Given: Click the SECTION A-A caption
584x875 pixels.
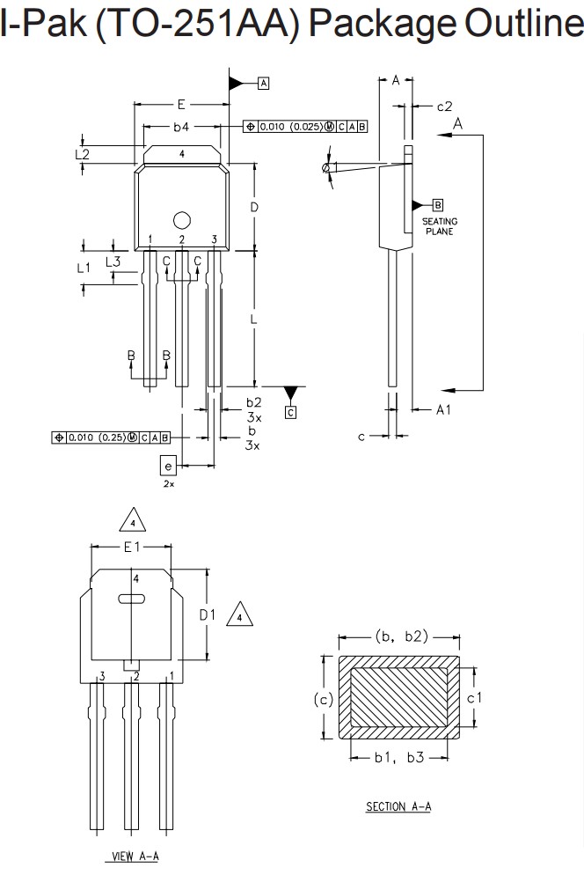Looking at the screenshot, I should tap(398, 806).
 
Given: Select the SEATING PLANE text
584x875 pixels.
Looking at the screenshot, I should tap(439, 226).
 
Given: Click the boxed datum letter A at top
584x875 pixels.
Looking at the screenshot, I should tap(263, 83).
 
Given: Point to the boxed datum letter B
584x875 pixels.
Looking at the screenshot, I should tap(438, 204).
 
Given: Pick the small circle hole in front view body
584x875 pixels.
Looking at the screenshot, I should tap(181, 220).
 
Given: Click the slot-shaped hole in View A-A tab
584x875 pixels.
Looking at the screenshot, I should tap(131, 599).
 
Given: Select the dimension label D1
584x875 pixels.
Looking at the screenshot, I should tap(207, 614).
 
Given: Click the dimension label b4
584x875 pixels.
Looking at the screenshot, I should tap(180, 127).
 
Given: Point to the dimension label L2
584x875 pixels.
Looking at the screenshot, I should tap(83, 154).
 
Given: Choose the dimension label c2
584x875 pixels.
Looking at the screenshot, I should tap(444, 107).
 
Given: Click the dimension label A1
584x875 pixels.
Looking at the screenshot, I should tap(443, 409).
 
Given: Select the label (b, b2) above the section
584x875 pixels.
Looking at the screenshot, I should tap(401, 636).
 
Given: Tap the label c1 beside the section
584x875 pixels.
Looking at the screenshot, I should tap(474, 697).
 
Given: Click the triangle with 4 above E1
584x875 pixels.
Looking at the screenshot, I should tap(132, 521).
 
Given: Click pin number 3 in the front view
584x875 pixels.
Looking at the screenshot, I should tap(214, 239).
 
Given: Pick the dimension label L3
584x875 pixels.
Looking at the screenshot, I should tap(113, 261).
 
